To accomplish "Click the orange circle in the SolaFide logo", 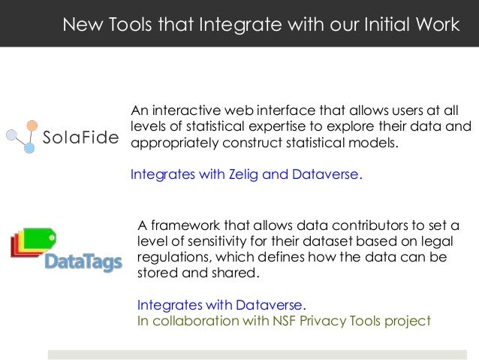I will [32, 126].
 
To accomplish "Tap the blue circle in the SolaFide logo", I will [29, 149].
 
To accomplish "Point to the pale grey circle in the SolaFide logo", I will [11, 135].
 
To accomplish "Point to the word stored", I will [157, 273].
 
